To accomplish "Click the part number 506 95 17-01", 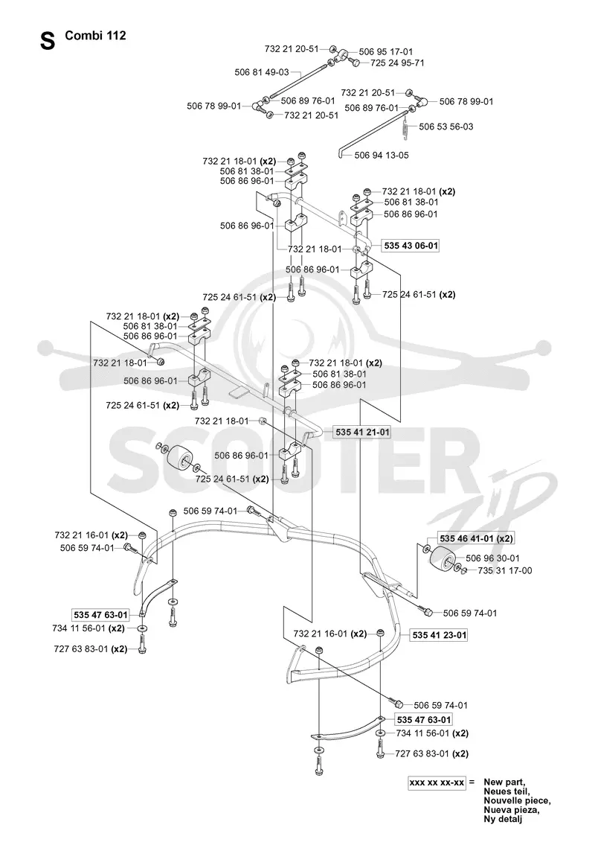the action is (x=385, y=51).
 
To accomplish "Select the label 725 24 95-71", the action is (x=397, y=63).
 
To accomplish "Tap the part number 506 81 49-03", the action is (x=262, y=71).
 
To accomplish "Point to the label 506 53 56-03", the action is (x=446, y=126).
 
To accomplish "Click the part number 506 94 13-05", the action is (x=382, y=155).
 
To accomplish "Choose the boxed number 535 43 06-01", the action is (x=411, y=245).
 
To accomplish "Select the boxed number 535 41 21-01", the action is (x=362, y=432).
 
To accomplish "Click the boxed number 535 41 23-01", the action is (x=439, y=635).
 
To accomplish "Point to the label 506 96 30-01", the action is (x=492, y=558).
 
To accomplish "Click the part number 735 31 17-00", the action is (x=504, y=570).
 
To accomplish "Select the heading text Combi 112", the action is (x=96, y=36).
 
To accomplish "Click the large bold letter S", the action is (x=48, y=41).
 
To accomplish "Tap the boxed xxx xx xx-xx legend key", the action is (x=436, y=782).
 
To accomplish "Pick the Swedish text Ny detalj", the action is (x=503, y=819).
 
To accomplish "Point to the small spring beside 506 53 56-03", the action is (x=408, y=127).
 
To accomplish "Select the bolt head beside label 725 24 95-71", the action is (x=356, y=63).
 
